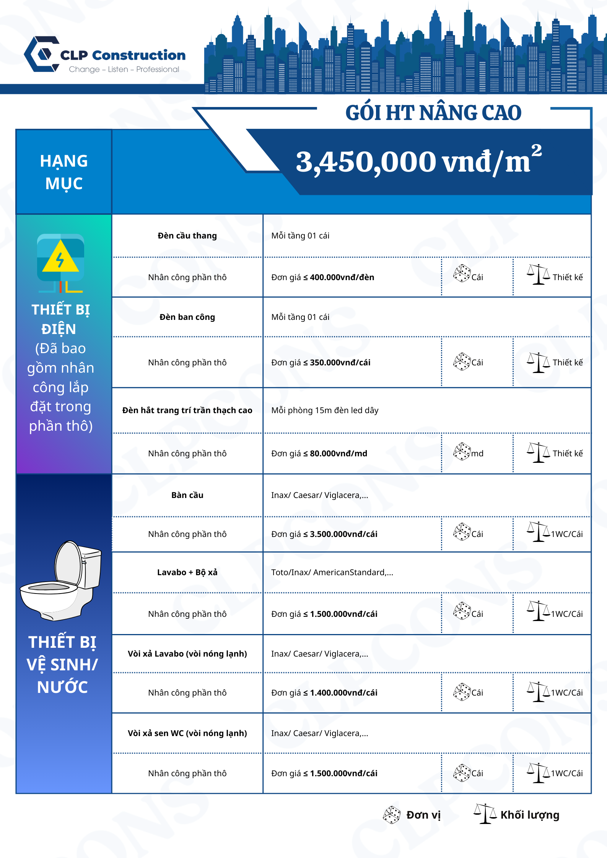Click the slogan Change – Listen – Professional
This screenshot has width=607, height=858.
click(124, 69)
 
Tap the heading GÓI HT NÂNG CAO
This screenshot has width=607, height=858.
click(433, 113)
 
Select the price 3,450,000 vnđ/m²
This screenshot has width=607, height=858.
click(418, 161)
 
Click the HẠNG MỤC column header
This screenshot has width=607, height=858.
click(64, 172)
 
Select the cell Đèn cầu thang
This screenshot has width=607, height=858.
click(187, 236)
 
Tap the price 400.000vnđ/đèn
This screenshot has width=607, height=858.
click(342, 277)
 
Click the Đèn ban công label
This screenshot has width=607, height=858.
click(187, 317)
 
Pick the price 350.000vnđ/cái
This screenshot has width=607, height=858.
click(340, 363)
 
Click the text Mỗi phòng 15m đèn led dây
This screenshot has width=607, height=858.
click(325, 410)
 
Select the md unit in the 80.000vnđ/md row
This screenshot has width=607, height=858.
click(477, 454)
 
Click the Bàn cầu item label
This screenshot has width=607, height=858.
click(187, 495)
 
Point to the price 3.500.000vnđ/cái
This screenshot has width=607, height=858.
click(343, 534)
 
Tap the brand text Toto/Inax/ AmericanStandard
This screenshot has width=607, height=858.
click(332, 573)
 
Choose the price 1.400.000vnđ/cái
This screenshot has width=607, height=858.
click(343, 693)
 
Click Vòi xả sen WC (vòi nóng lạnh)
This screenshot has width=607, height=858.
click(187, 733)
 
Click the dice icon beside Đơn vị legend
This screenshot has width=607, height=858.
click(392, 815)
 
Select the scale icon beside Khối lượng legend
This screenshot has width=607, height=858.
click(485, 814)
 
